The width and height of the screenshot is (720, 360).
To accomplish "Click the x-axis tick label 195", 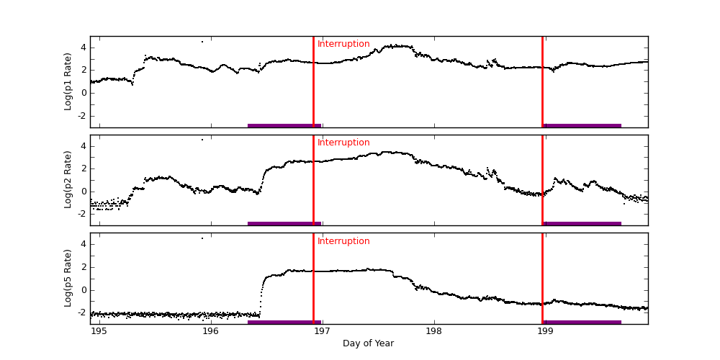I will click(x=99, y=331).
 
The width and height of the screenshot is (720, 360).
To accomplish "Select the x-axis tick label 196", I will click(x=211, y=331).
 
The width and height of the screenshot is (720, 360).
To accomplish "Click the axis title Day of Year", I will click(x=368, y=343).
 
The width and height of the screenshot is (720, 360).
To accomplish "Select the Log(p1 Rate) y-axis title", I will click(x=68, y=81).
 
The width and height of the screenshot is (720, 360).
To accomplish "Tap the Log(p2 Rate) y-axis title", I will click(x=68, y=180).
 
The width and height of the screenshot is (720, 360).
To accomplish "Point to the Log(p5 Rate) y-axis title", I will click(x=68, y=278).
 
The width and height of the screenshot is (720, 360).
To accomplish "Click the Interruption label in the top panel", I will click(x=343, y=44).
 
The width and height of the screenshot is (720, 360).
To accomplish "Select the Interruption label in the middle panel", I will click(x=343, y=143).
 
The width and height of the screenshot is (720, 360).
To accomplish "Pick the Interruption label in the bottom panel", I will click(x=343, y=241).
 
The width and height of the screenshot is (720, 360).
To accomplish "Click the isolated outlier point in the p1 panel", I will click(x=202, y=42).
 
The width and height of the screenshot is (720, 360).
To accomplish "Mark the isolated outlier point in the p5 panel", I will click(x=202, y=238).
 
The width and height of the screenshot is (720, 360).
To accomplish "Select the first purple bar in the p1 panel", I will click(x=284, y=125).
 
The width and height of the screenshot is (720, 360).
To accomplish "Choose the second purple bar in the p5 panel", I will click(x=582, y=322).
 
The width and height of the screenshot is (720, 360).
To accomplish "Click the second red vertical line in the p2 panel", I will click(x=542, y=180).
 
